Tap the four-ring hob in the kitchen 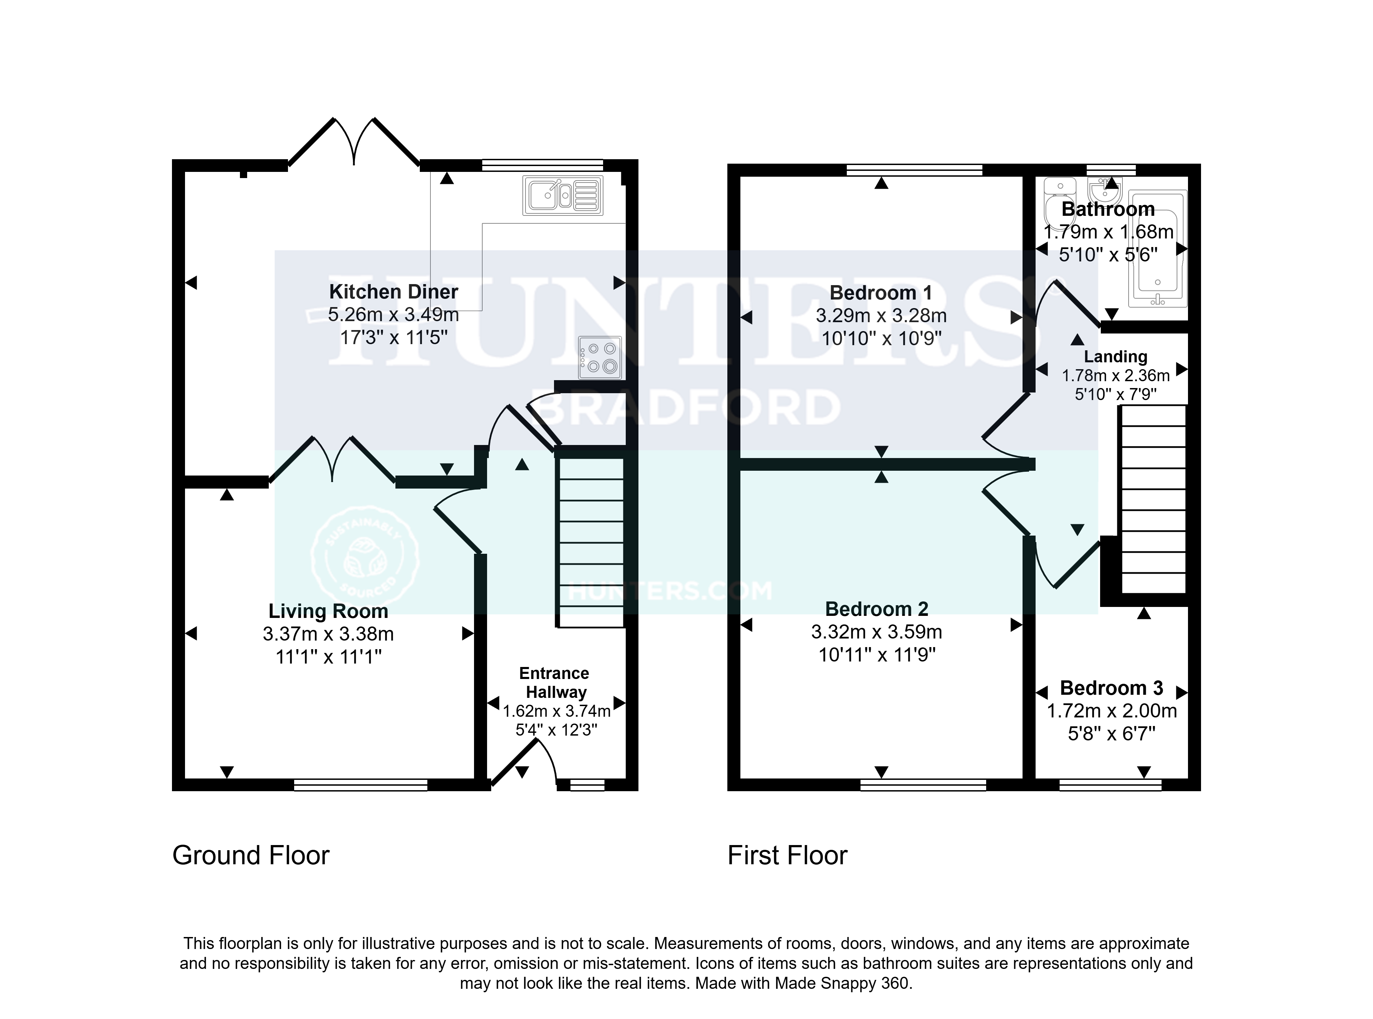(x=600, y=358)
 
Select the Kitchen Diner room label (x=394, y=291)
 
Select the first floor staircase (x=1153, y=499)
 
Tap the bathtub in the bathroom (x=1158, y=249)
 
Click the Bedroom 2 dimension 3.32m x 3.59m (x=877, y=632)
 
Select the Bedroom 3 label (x=1111, y=688)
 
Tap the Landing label (x=1116, y=356)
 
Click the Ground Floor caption (x=251, y=856)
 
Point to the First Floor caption (x=787, y=856)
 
